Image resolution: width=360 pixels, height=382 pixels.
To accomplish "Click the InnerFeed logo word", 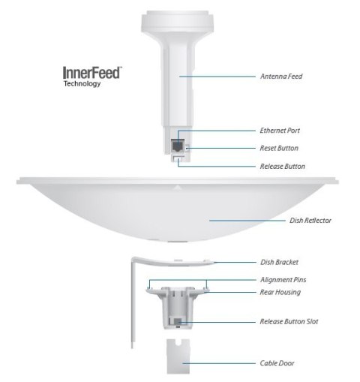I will click(93, 74).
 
